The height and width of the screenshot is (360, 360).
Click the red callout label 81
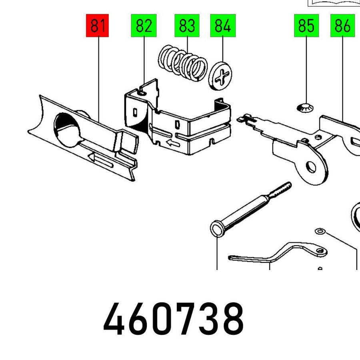(97, 25)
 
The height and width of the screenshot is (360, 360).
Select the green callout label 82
(144, 25)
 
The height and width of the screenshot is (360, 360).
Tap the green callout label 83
(187, 25)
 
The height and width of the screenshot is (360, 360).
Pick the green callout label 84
(223, 25)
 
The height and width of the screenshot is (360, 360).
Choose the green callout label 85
(306, 25)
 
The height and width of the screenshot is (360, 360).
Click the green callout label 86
(342, 25)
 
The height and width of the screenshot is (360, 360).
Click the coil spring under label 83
(183, 63)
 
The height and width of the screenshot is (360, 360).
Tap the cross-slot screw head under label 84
(220, 76)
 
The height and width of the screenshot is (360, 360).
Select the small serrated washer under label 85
(305, 108)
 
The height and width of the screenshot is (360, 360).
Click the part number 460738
(174, 319)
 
